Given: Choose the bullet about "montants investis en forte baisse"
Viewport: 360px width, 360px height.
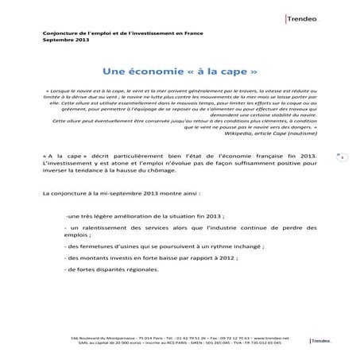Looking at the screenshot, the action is [142, 258].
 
